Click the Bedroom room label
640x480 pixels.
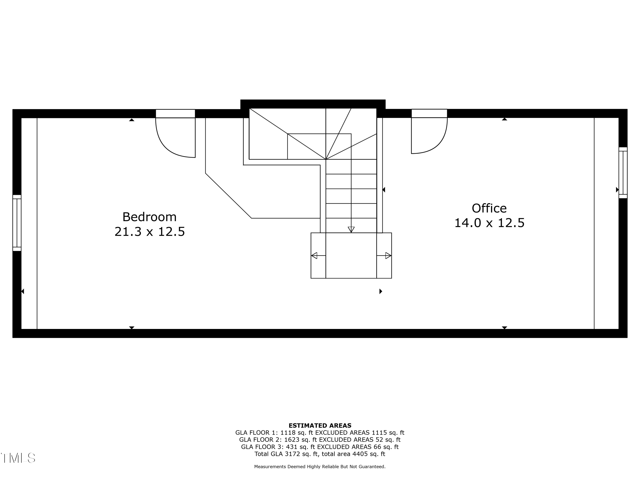click(149, 217)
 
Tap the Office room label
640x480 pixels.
click(489, 208)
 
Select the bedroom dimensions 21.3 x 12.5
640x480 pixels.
click(150, 231)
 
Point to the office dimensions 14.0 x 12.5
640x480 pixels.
click(489, 223)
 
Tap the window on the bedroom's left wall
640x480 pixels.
click(17, 223)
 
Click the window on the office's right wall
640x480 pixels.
click(623, 173)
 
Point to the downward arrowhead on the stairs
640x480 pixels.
click(351, 229)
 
